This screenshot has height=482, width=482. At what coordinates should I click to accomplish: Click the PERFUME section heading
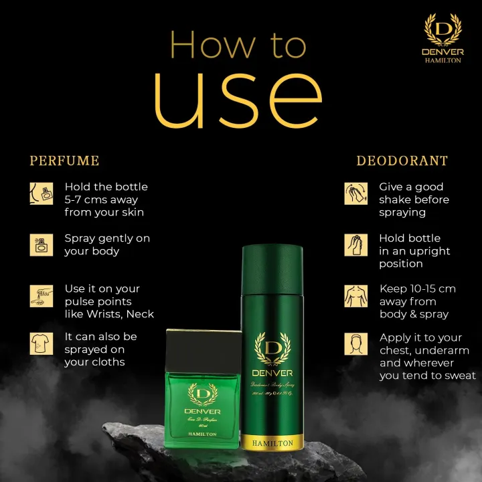point(64,161)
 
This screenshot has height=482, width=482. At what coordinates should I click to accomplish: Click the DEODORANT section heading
point(402,161)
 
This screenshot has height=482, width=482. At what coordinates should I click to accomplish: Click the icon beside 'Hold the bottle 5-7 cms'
point(42,193)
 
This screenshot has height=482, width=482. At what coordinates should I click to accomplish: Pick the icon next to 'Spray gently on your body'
point(42,244)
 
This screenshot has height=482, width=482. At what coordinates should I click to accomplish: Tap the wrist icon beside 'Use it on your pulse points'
point(42,295)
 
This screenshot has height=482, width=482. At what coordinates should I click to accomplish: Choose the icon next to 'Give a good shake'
point(356,193)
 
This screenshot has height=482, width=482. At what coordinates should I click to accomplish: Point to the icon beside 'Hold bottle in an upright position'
point(356,244)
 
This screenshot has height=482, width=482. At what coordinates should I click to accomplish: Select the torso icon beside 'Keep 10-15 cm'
point(356,295)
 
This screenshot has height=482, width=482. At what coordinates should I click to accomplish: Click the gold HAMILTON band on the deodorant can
point(272,442)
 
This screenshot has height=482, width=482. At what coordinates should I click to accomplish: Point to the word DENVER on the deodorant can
point(272,373)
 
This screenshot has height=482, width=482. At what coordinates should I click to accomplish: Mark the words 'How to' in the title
point(238,46)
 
